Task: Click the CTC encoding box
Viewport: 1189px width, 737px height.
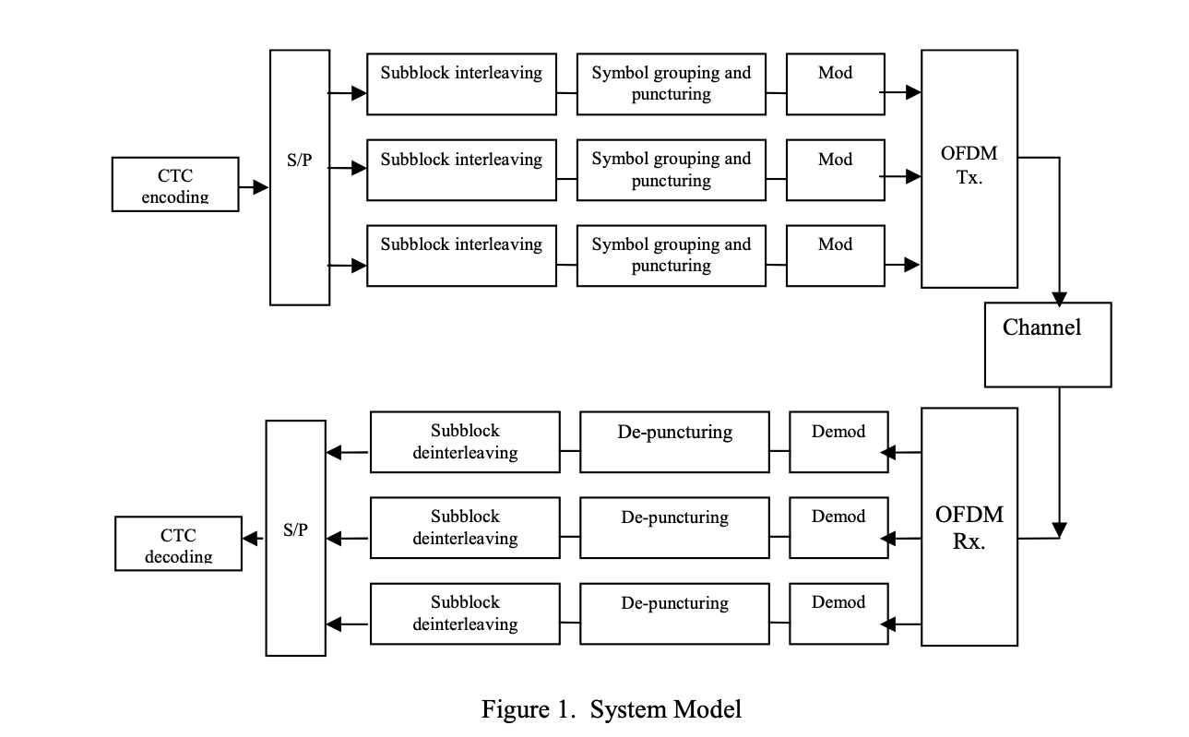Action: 175,184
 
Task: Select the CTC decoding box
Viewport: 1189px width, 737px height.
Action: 178,544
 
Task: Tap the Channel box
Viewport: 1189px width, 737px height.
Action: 1048,344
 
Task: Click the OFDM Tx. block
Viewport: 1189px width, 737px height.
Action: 969,169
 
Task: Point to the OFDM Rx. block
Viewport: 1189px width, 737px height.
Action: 969,527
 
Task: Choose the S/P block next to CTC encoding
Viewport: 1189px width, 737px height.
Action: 299,177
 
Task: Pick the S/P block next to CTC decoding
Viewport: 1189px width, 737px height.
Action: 295,538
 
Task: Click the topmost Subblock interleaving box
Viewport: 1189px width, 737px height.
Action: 461,84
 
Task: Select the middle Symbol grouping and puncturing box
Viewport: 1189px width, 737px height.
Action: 671,170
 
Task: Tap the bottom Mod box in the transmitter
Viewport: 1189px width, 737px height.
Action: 835,256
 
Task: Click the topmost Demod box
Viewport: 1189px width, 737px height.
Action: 838,442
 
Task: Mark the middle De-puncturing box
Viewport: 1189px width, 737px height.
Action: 674,528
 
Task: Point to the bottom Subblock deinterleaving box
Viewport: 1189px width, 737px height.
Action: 465,613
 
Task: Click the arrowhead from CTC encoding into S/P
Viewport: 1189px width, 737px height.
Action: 260,187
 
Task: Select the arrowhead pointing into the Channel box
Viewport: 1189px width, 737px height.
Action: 1059,299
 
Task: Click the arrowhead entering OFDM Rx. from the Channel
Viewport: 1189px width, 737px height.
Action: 1060,530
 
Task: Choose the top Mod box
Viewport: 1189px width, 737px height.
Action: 835,84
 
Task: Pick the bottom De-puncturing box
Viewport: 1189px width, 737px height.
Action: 674,613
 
